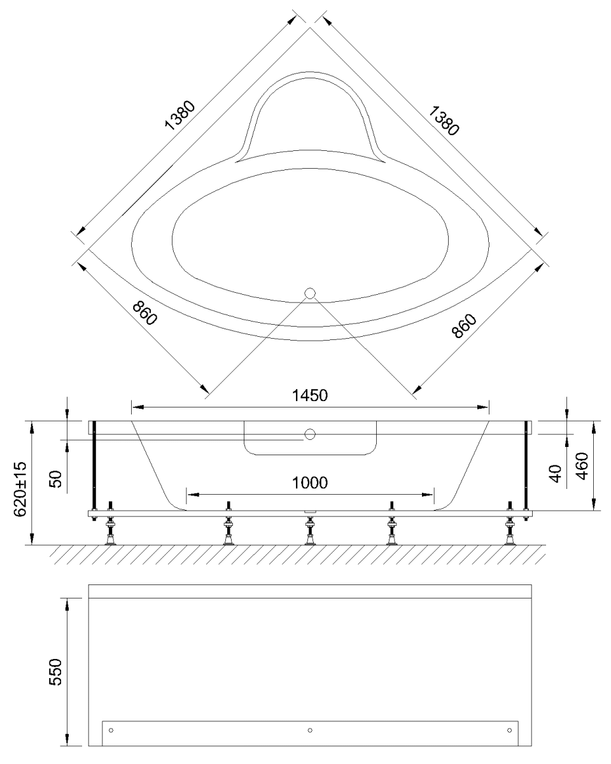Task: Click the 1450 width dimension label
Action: coord(309,395)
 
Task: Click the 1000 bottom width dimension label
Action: coord(309,483)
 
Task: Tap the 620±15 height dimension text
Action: coord(20,489)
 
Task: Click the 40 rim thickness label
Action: coord(556,474)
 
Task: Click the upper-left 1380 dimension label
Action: coord(180,116)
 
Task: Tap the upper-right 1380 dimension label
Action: coord(444,121)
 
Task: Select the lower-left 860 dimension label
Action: coord(144,313)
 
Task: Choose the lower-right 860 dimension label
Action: coord(464,326)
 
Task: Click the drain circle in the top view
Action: coord(310,294)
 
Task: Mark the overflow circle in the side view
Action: coord(310,434)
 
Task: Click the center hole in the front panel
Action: coord(310,730)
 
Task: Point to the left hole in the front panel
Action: coord(111,730)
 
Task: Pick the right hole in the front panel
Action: coord(509,730)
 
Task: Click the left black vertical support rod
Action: coord(94,470)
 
